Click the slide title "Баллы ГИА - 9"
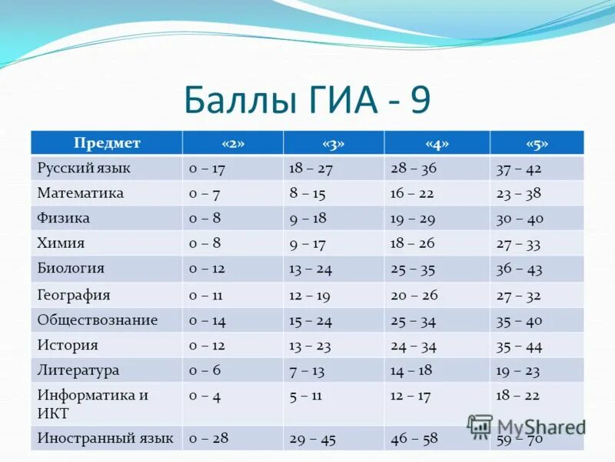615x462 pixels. (x=307, y=99)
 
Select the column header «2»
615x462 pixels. (x=232, y=143)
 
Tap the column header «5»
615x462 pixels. (x=537, y=143)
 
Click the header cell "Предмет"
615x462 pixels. (x=107, y=143)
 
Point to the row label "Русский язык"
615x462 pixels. (x=84, y=168)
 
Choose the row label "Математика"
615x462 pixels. (x=80, y=193)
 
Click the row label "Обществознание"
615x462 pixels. (x=97, y=320)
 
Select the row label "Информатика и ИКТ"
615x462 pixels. (x=92, y=404)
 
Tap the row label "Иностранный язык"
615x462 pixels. (x=105, y=439)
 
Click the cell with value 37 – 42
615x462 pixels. (x=520, y=168)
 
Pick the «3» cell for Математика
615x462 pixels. (x=307, y=193)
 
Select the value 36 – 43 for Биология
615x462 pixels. (x=520, y=269)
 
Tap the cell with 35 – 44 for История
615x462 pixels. (x=520, y=345)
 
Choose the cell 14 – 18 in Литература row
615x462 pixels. (x=411, y=370)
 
